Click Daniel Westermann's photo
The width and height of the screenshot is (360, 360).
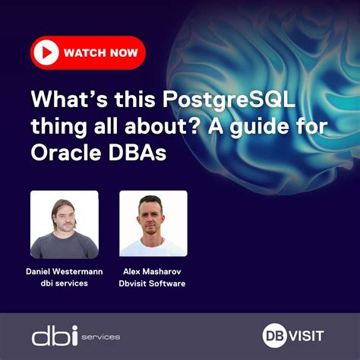pyautogui.click(x=64, y=224)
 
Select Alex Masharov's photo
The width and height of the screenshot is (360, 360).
pyautogui.click(x=153, y=224)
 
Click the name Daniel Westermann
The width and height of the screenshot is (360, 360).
pyautogui.click(x=64, y=271)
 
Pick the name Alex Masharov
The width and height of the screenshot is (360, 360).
pyautogui.click(x=153, y=271)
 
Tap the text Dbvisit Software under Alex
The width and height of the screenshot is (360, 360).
pyautogui.click(x=153, y=284)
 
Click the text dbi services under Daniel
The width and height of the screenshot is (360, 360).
pyautogui.click(x=64, y=284)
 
